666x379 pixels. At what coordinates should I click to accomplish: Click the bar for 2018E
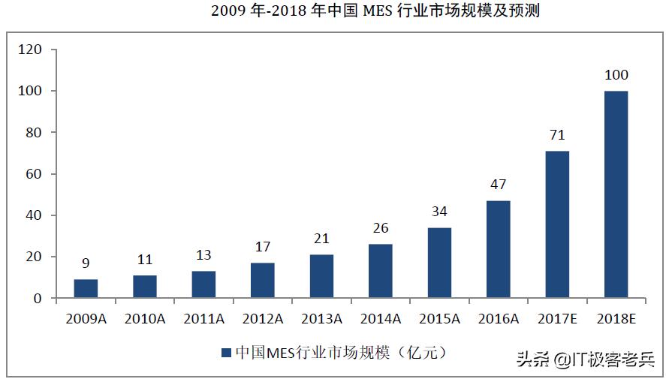[x=616, y=194]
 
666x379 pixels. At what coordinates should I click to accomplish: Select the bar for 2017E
[x=557, y=224]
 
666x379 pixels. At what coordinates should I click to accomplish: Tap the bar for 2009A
[x=86, y=289]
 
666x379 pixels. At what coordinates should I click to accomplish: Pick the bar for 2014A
[x=380, y=271]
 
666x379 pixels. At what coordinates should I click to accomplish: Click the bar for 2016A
[x=498, y=249]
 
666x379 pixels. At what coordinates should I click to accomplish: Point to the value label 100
[x=616, y=75]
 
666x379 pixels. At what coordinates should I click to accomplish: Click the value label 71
[x=557, y=135]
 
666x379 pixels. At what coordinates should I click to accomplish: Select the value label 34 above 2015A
[x=439, y=212]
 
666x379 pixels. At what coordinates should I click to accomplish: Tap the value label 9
[x=86, y=263]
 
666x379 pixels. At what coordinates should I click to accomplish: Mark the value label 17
[x=262, y=247]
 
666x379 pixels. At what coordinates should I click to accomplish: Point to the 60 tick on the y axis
[x=32, y=174]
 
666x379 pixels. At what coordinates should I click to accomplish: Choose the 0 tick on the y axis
[x=36, y=299]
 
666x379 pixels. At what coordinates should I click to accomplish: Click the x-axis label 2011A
[x=203, y=319]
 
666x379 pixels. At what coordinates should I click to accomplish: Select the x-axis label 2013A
[x=321, y=319]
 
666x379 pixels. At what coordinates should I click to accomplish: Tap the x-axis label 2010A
[x=144, y=319]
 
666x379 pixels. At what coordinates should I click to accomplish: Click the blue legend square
[x=226, y=352]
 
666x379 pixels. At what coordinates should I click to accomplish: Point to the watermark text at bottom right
[x=585, y=360]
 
